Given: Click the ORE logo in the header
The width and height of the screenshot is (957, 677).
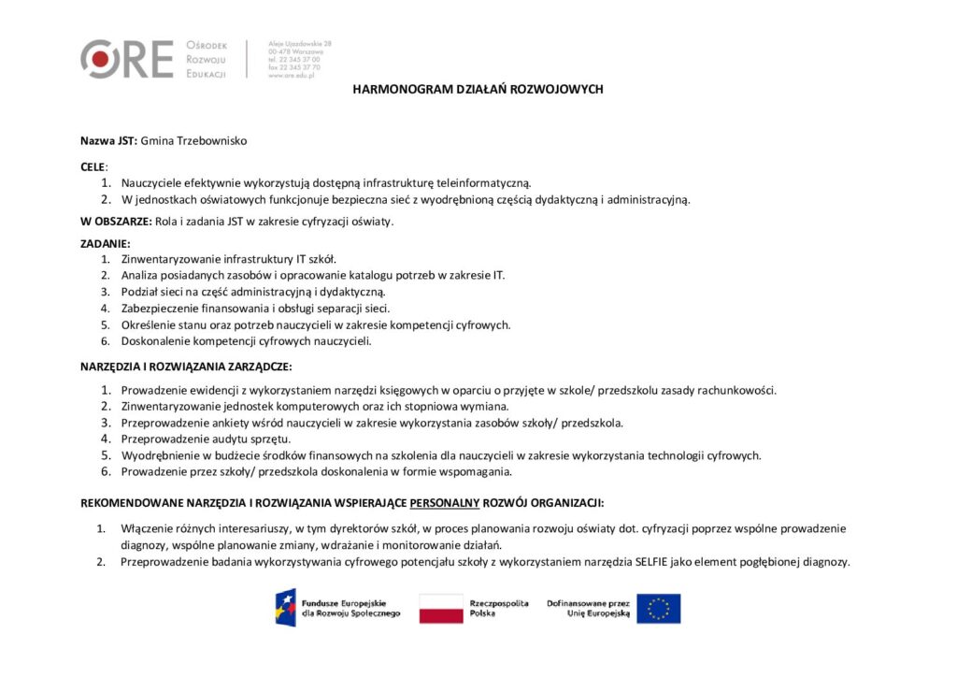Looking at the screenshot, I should pos(127,59).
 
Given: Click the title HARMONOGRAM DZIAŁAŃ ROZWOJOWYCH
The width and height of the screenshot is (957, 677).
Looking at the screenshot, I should pos(478,90).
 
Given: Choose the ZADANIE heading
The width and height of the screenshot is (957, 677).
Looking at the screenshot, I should pos(106,243).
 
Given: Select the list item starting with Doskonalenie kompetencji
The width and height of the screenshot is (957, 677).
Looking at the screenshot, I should pos(246,341).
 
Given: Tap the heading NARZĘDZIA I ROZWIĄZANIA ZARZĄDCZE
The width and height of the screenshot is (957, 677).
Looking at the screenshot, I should pos(186,366).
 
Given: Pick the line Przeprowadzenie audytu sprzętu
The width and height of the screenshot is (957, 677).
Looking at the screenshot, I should pos(206,439).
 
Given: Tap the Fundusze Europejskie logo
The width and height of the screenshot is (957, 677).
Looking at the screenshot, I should pos(337,609).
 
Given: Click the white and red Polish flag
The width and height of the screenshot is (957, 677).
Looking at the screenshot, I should pos(441,609).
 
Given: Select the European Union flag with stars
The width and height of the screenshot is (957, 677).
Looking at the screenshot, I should pos(659,609).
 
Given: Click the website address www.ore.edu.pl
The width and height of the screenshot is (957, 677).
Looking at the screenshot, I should pos(291,76).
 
